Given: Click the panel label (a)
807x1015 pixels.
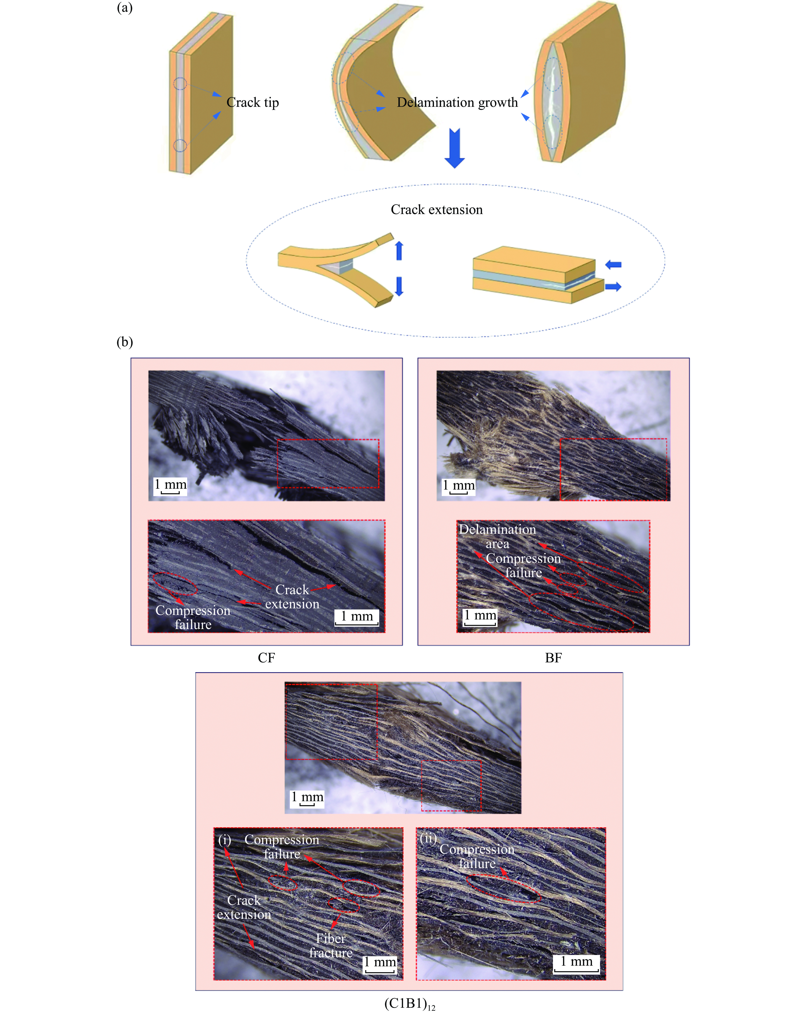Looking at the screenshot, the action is tap(125, 8).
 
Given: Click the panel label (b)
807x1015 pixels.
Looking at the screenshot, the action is tap(125, 342).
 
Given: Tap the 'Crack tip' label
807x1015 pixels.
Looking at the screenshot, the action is tap(253, 102).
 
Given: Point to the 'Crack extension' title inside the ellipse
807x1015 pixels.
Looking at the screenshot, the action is tap(437, 210).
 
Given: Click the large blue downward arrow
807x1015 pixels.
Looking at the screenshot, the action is tap(455, 148).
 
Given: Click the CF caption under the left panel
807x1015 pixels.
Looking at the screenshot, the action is tap(266, 658).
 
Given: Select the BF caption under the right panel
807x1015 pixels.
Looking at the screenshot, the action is tap(553, 658).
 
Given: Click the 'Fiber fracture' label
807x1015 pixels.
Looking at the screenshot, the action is tap(331, 945).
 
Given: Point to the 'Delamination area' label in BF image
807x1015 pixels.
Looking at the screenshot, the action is tap(497, 536).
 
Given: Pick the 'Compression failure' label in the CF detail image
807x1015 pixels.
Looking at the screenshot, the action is tap(193, 617).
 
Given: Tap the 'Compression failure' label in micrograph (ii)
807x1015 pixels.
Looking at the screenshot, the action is tap(477, 856).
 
